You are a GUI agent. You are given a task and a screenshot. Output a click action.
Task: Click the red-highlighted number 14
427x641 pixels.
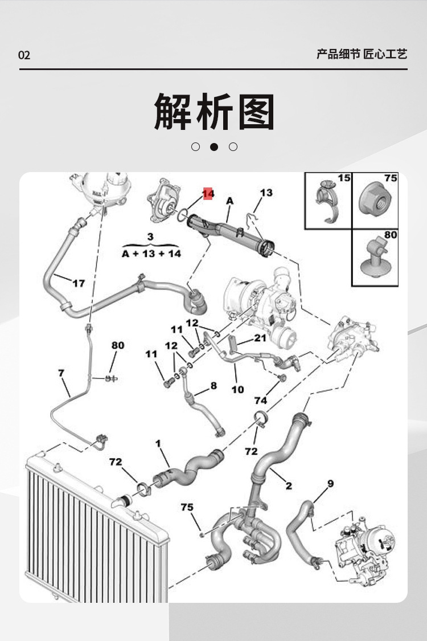[x=208, y=194]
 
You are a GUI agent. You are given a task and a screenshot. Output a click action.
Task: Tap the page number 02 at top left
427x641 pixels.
[x=24, y=55]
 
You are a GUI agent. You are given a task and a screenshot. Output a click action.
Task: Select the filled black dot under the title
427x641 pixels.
[x=214, y=146]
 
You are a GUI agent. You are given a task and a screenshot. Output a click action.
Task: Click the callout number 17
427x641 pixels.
[x=78, y=283]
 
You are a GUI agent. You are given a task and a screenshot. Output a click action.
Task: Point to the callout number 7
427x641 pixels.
[x=61, y=373]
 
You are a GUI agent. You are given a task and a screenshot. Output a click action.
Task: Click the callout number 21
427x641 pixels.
[x=260, y=338]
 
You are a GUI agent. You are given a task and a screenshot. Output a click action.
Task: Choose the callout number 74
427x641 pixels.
[x=261, y=401]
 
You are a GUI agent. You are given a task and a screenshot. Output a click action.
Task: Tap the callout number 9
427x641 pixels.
[x=330, y=484]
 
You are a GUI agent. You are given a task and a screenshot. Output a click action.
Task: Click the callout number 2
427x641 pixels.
[x=289, y=485]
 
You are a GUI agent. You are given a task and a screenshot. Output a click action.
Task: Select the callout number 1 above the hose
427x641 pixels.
[x=158, y=443]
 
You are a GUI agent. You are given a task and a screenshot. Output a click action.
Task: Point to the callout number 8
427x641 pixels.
[x=213, y=386]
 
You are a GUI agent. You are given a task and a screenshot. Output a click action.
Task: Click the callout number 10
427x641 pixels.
[x=237, y=389]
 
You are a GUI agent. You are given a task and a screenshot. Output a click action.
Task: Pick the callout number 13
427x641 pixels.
[x=266, y=193]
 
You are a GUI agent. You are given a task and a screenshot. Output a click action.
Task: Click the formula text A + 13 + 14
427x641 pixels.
[x=151, y=254]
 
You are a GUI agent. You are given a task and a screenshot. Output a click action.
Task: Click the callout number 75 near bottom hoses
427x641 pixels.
[x=187, y=507]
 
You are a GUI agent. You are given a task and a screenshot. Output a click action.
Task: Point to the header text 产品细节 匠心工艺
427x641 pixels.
[x=362, y=55]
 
